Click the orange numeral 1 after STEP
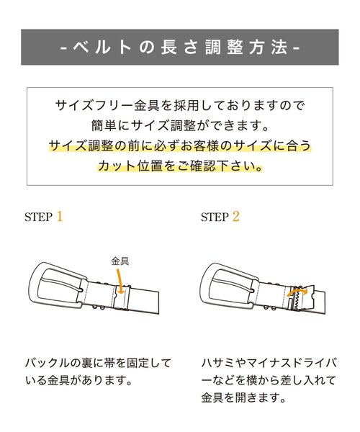click(x=60, y=216)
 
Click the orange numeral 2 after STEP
click(x=235, y=216)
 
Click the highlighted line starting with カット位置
click(x=179, y=166)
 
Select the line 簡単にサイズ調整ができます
click(x=179, y=126)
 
